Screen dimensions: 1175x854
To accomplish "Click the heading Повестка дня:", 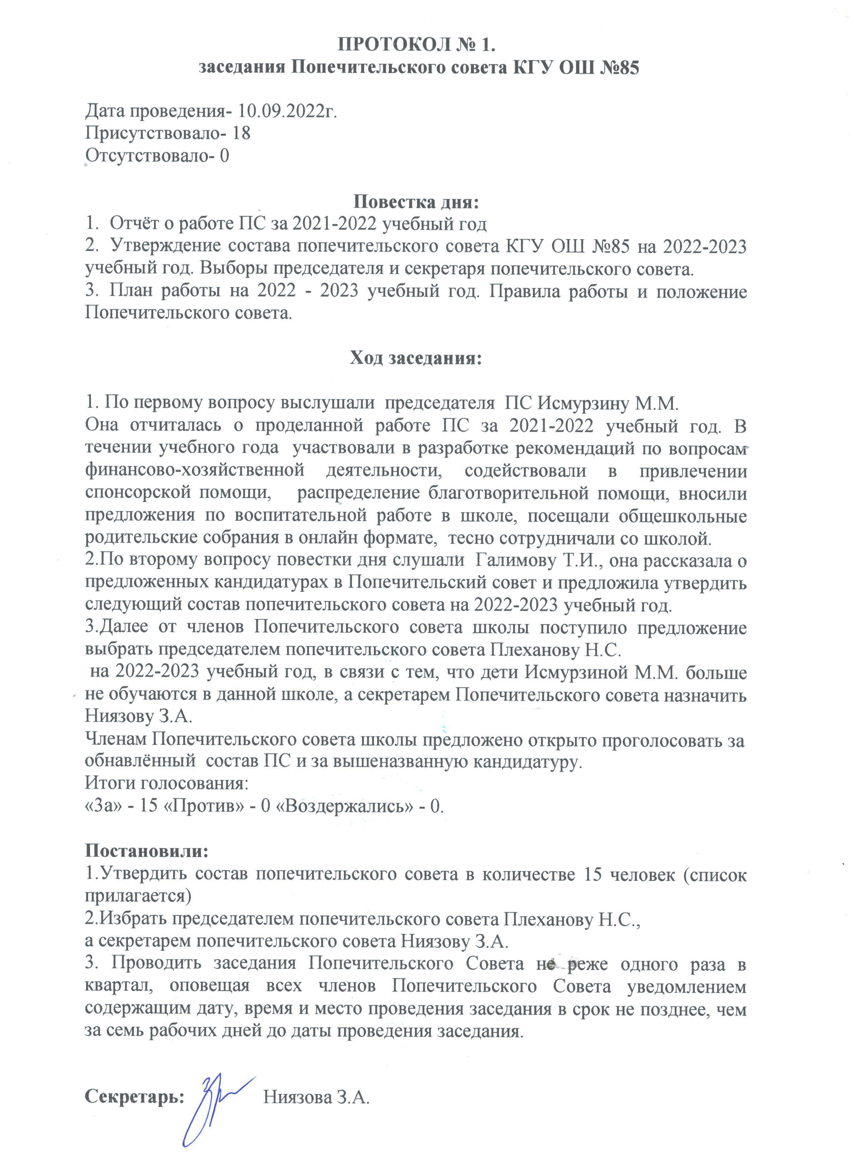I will [x=416, y=202].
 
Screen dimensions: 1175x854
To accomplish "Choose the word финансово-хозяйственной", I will [x=195, y=472].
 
